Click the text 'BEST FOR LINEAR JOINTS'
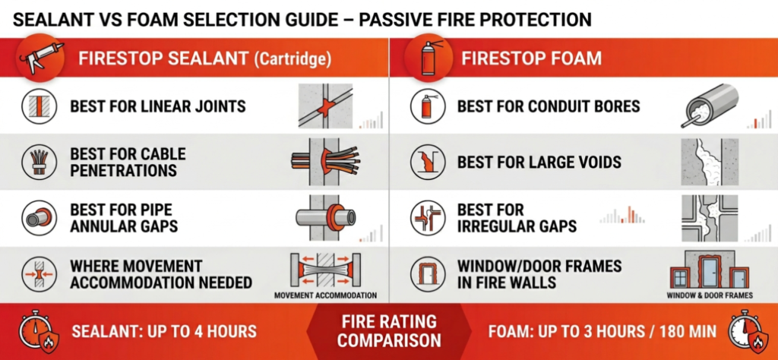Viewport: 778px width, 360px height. (157, 106)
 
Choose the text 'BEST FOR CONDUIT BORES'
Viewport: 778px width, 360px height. (545, 106)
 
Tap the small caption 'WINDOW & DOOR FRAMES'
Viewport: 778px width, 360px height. (709, 295)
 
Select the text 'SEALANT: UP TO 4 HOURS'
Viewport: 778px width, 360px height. (163, 331)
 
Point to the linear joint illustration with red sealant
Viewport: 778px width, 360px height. (329, 106)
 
